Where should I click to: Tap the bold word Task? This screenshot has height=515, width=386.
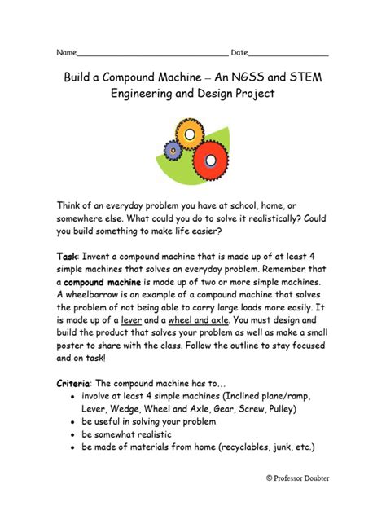[66, 256]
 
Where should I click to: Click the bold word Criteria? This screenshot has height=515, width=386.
[74, 383]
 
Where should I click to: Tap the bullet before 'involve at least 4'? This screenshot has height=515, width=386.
[74, 397]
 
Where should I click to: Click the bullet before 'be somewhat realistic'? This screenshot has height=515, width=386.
[74, 435]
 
